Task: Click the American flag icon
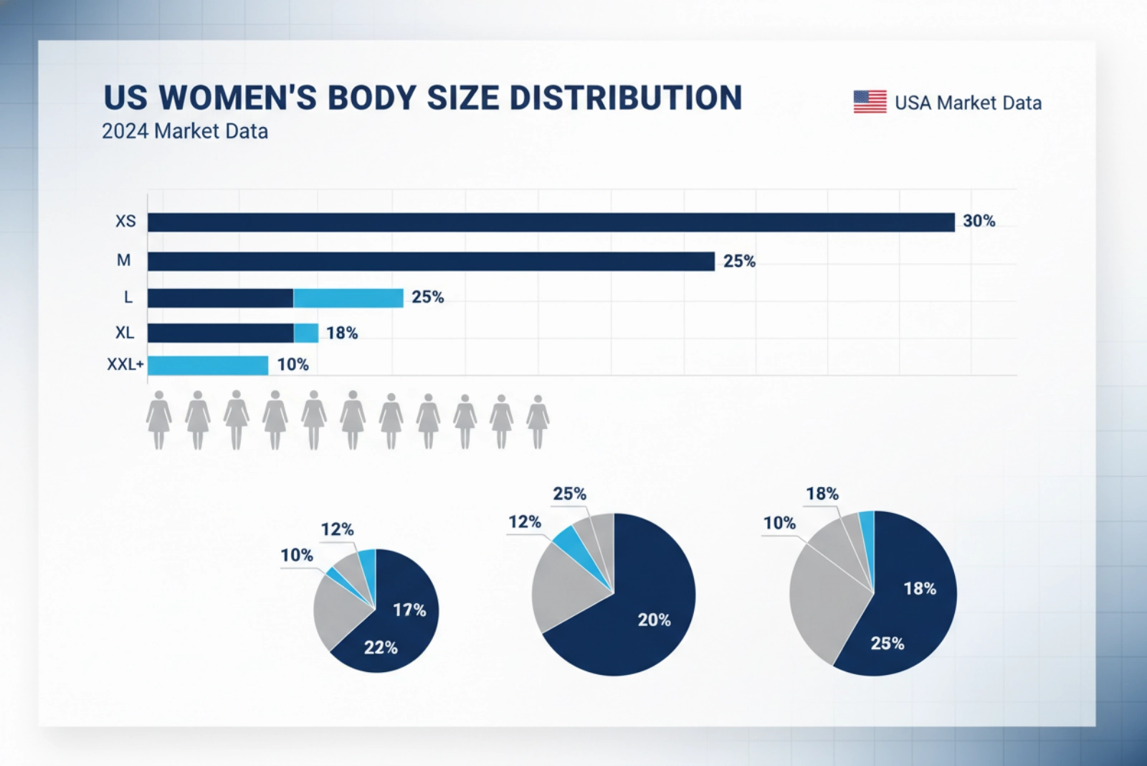click(x=870, y=102)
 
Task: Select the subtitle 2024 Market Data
click(x=185, y=131)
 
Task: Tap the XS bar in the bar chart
click(x=551, y=222)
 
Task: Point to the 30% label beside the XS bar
click(x=979, y=221)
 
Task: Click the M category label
click(x=124, y=260)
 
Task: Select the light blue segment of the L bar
click(x=348, y=298)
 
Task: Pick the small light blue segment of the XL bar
click(x=306, y=333)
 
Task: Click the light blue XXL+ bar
click(x=208, y=365)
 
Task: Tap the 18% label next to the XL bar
click(x=342, y=333)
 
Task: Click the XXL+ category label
click(x=125, y=364)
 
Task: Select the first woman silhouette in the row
click(x=159, y=420)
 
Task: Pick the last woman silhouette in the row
click(x=538, y=422)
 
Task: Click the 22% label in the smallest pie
click(x=381, y=648)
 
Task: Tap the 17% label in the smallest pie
click(x=409, y=610)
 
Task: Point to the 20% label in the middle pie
click(x=654, y=620)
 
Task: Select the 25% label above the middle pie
click(x=569, y=494)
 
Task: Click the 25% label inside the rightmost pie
click(x=887, y=643)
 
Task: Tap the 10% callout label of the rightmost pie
click(x=779, y=523)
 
